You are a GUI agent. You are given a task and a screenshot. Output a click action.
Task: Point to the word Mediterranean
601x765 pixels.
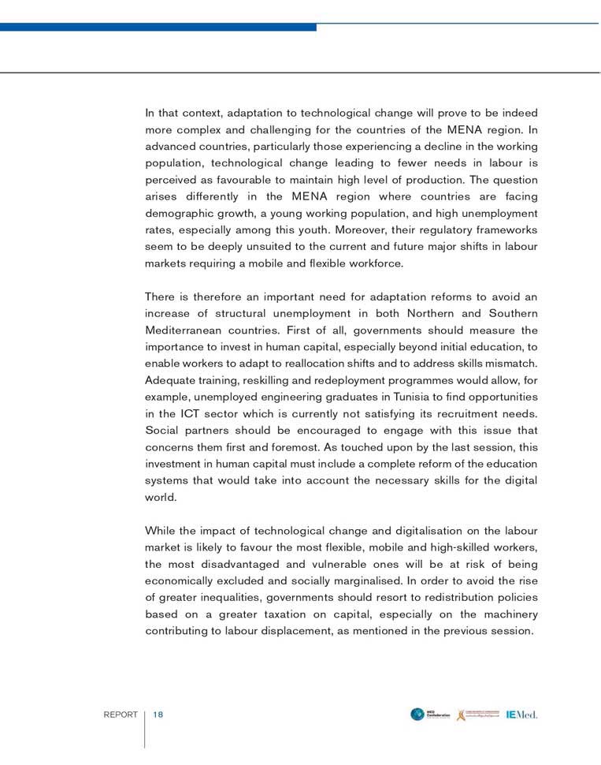tap(184, 330)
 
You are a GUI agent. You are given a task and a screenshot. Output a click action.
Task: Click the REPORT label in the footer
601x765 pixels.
tap(121, 715)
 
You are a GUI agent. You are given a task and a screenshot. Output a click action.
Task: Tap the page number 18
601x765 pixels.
tap(158, 715)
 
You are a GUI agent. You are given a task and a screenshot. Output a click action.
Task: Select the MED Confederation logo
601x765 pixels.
tap(430, 715)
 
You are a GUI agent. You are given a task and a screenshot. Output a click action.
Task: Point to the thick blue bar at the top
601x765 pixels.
tap(158, 27)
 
